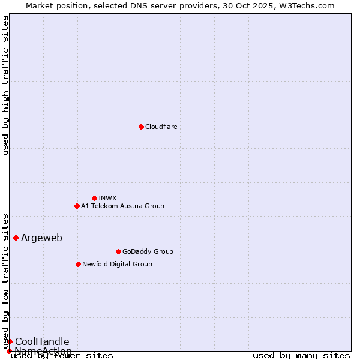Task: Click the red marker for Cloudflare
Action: point(141,127)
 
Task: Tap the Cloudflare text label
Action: point(161,127)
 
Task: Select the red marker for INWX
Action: point(94,198)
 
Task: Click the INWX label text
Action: point(107,198)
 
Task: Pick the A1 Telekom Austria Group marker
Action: point(77,206)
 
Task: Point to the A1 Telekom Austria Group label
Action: point(122,206)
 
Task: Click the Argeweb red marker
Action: point(16,238)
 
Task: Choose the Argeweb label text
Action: point(41,238)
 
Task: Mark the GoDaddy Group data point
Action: point(118,251)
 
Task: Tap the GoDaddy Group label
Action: point(148,251)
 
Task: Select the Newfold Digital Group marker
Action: point(78,264)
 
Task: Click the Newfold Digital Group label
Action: point(117,264)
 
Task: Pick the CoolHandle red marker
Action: point(10,341)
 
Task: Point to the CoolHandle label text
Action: point(42,341)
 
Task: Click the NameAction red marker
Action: point(9,351)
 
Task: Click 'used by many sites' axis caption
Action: point(301,355)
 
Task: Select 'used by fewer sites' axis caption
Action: point(62,355)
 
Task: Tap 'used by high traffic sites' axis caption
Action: point(5,85)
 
